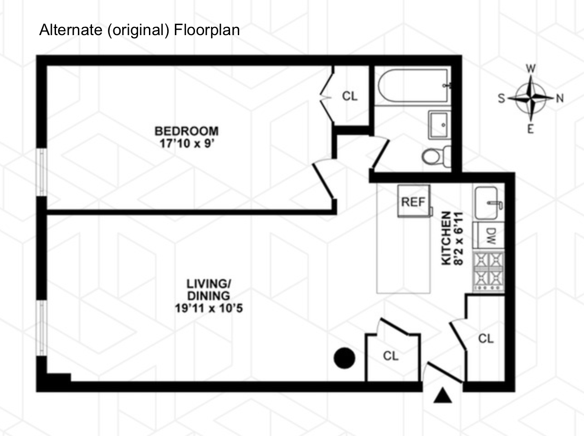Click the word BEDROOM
186,131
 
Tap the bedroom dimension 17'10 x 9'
186,143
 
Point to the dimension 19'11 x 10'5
209,308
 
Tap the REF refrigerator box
413,201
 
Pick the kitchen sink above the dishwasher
489,203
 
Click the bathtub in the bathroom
413,86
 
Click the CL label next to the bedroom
350,96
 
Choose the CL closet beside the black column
391,356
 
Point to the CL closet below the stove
486,338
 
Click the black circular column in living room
344,358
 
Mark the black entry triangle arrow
442,395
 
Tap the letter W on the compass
531,69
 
